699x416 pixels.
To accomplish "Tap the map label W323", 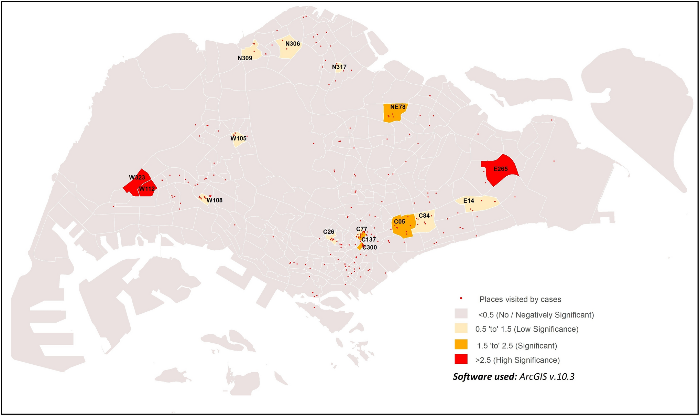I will pyautogui.click(x=137, y=178).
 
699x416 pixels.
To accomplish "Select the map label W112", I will pyautogui.click(x=147, y=189).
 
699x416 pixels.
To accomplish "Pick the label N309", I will pyautogui.click(x=245, y=58).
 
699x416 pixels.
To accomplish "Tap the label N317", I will pyautogui.click(x=339, y=67).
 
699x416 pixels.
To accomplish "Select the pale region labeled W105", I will pyautogui.click(x=239, y=139).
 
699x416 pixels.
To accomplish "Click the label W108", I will pyautogui.click(x=215, y=200).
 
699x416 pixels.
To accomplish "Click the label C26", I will pyautogui.click(x=328, y=232).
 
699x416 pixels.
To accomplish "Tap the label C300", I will pyautogui.click(x=370, y=248).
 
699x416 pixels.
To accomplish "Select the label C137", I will pyautogui.click(x=369, y=240).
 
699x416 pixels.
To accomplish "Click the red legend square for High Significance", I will pyautogui.click(x=461, y=359).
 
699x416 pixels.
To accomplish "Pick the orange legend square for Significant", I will pyautogui.click(x=461, y=344).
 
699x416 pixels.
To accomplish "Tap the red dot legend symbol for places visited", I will pyautogui.click(x=461, y=298).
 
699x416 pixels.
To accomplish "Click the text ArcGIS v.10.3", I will pyautogui.click(x=547, y=377).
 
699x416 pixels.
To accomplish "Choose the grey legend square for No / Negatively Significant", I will pyautogui.click(x=461, y=314).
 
